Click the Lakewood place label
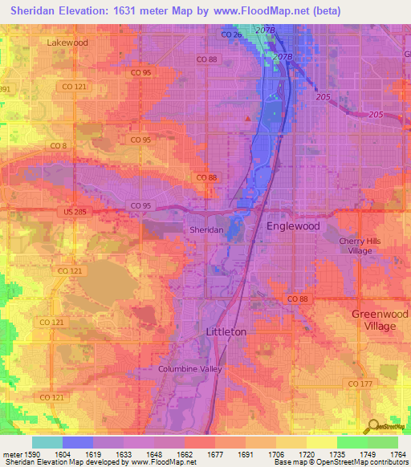coord(67,41)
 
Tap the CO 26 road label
coord(231,35)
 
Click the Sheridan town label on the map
coord(205,229)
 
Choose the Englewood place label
coord(293,226)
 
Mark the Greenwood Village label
coord(374,320)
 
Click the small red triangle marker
coord(248,120)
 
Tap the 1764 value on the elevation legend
coord(397,453)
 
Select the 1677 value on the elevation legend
coord(215,453)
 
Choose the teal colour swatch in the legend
coord(47,442)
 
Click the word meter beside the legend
coord(11,453)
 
